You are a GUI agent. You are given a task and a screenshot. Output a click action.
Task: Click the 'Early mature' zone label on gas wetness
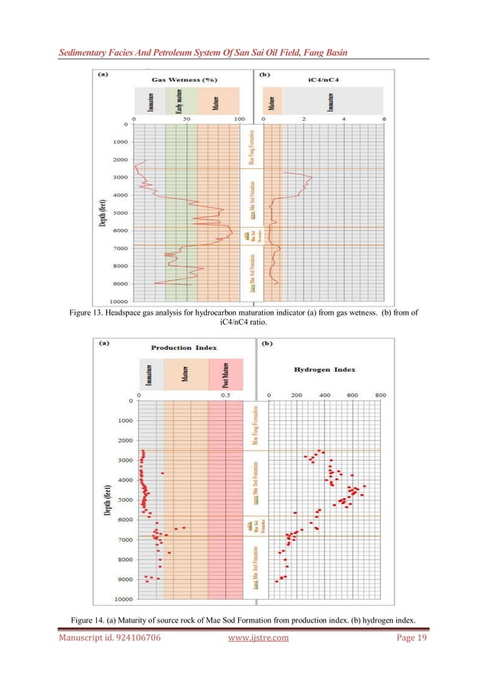click(x=178, y=100)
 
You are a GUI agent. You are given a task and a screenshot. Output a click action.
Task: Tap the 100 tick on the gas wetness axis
click(x=239, y=120)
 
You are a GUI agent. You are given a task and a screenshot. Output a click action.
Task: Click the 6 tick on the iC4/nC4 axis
click(x=384, y=120)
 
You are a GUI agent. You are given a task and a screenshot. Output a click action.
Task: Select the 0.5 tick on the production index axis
click(x=227, y=395)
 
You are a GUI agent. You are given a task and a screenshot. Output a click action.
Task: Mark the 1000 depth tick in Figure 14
click(x=116, y=421)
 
